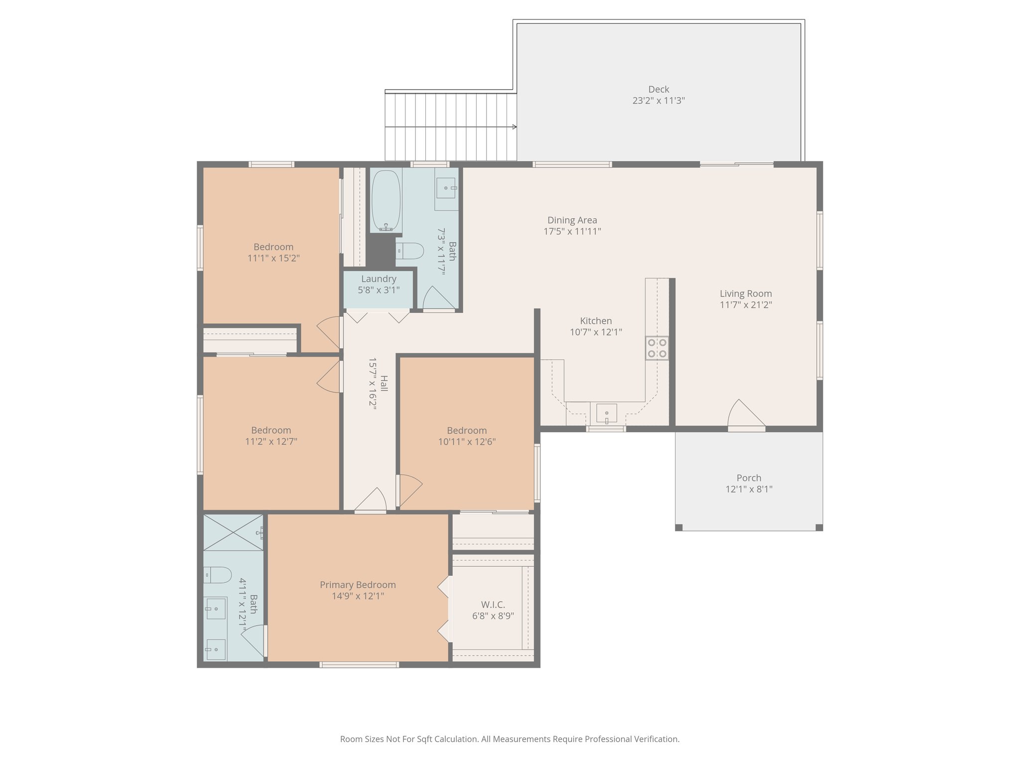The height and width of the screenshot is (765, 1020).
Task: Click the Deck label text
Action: click(x=658, y=90)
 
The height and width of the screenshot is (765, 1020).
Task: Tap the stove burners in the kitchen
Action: click(x=657, y=348)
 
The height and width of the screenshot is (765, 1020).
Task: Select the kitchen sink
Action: click(x=606, y=413)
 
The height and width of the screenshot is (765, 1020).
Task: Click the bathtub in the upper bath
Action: click(x=386, y=200)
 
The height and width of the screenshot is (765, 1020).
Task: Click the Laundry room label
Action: click(x=379, y=279)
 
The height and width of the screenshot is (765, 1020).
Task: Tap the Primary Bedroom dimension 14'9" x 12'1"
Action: click(x=358, y=596)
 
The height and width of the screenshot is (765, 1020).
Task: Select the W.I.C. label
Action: click(x=493, y=605)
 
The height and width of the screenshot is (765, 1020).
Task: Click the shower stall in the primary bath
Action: click(x=233, y=532)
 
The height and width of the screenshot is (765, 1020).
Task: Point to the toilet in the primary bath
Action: click(x=218, y=575)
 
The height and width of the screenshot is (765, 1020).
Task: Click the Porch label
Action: click(x=749, y=478)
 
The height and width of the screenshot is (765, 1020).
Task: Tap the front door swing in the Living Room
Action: click(x=745, y=413)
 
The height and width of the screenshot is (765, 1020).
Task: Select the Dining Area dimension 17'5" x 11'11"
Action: click(x=572, y=232)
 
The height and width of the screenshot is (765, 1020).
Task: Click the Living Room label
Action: click(x=746, y=294)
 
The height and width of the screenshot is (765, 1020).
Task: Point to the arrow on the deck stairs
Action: click(x=513, y=127)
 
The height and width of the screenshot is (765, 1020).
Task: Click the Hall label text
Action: click(x=384, y=383)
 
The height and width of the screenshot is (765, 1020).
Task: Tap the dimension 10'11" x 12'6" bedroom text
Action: click(x=467, y=442)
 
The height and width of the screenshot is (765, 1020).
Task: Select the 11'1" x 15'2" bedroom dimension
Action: click(x=273, y=258)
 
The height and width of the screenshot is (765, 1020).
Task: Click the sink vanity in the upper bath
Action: click(x=446, y=188)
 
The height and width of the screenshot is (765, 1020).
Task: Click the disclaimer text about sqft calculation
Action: click(x=510, y=739)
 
